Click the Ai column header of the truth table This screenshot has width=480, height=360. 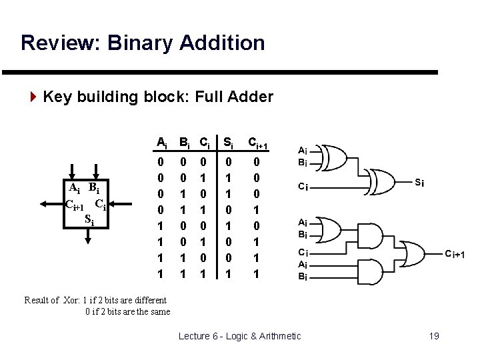(x=161, y=141)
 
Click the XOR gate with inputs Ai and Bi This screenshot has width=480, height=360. (x=336, y=157)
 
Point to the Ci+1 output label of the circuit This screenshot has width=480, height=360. (x=459, y=253)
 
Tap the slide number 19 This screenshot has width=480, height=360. (x=433, y=335)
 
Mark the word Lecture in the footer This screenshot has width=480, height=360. (x=196, y=335)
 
